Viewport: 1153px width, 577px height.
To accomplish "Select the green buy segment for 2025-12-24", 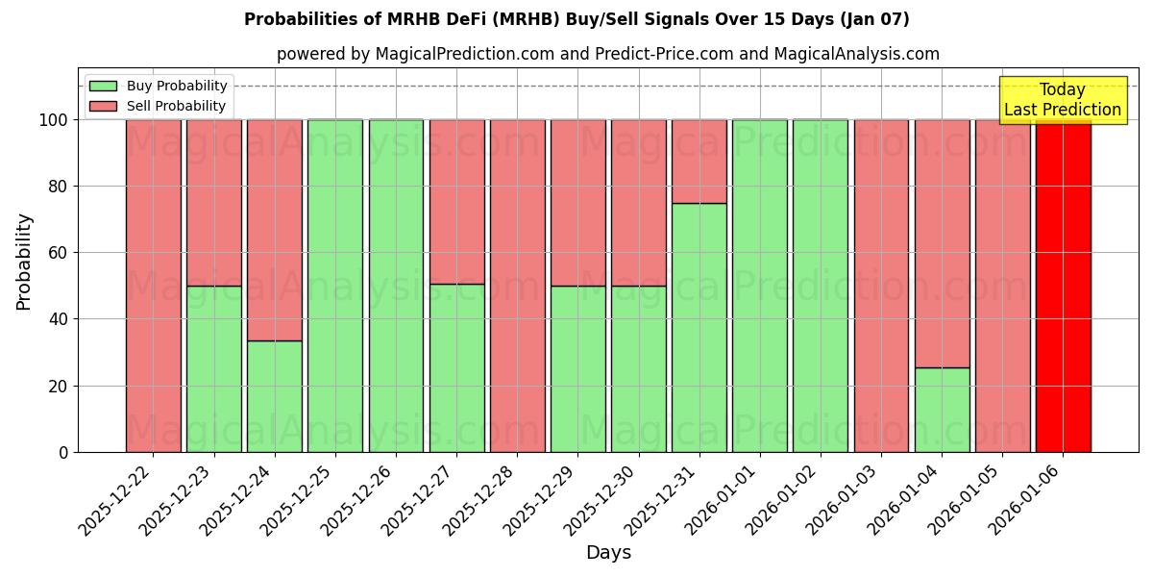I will [x=275, y=396].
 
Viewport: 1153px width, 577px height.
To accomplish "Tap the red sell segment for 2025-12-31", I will [x=699, y=161].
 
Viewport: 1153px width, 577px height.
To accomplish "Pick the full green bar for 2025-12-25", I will [x=335, y=286].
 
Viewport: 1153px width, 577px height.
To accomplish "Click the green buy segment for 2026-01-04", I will [x=942, y=410].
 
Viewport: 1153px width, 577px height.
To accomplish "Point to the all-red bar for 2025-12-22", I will [x=154, y=286].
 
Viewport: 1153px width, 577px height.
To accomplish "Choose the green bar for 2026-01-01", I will [x=760, y=286].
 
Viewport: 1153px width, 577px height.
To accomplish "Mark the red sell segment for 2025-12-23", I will [x=214, y=202].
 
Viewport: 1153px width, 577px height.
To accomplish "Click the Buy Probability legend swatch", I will [x=103, y=86].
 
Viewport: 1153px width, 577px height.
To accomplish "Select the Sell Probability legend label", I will [x=176, y=106].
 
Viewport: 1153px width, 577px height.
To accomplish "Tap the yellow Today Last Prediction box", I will [x=1063, y=100].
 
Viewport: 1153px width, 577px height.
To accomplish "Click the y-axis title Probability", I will [x=24, y=261].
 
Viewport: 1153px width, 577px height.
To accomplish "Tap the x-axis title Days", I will [x=608, y=553].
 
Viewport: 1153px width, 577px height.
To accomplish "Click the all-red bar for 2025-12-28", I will [x=518, y=286].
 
